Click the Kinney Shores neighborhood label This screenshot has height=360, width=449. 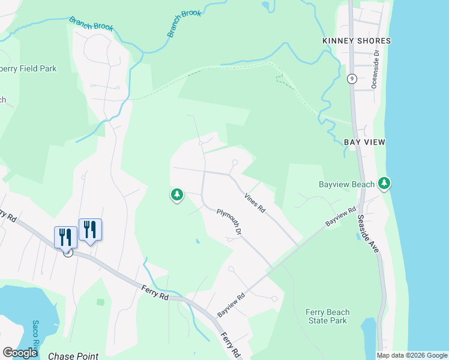[x=356, y=41]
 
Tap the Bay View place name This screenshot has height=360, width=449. [x=364, y=142]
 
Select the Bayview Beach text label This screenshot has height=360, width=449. [x=347, y=184]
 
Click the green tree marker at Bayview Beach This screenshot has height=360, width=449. [x=384, y=183]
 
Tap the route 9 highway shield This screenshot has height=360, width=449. [x=352, y=79]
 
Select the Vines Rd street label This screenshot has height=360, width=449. [x=255, y=203]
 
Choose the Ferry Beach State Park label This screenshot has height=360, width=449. [x=327, y=316]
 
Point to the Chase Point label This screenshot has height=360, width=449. [x=73, y=356]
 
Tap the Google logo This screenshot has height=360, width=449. [x=20, y=352]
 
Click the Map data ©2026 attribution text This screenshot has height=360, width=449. [x=412, y=355]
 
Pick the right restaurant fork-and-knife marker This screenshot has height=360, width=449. [x=90, y=229]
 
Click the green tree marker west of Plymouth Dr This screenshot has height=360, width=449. [x=176, y=194]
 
